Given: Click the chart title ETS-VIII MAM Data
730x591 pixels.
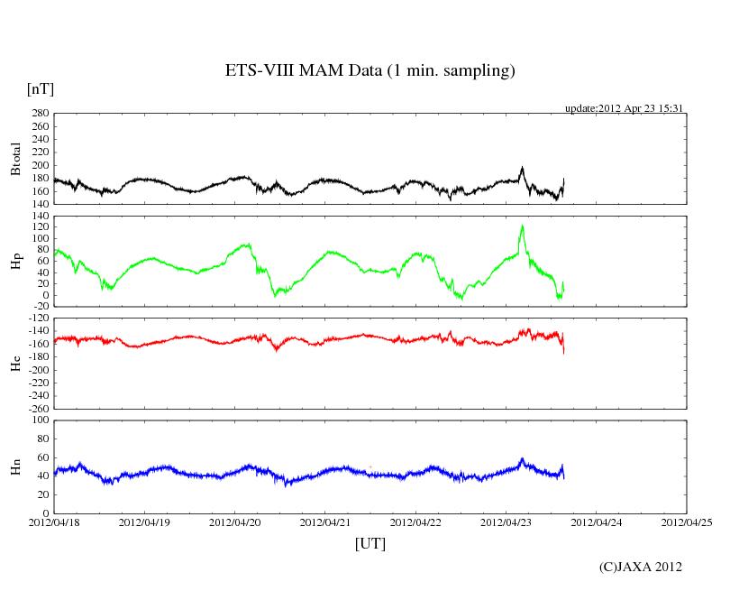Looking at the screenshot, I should pos(370,70).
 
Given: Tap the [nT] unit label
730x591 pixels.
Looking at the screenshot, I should pos(40,88).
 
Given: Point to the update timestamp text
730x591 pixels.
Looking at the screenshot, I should pos(625,107).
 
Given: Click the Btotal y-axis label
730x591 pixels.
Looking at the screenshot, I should pos(15,159).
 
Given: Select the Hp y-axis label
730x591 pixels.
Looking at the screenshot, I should pos(15,261).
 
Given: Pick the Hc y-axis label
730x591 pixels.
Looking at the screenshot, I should pos(15,363).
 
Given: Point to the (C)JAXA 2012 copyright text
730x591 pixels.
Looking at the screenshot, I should pos(640,567).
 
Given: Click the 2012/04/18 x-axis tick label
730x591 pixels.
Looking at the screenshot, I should pos(54,522).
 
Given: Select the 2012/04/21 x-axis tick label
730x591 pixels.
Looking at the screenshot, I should pos(325,522).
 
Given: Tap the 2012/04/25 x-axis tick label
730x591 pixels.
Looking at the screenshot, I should pos(687,522).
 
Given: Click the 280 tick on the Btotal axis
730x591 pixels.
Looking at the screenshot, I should pos(40,114).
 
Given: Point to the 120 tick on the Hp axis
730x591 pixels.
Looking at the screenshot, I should pos(40,217).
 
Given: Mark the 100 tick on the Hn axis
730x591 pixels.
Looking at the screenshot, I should pos(40,420).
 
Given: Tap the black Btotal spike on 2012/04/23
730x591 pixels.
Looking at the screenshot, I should pos(522,168).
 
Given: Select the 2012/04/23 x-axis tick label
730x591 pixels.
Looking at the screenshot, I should pos(506,522).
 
